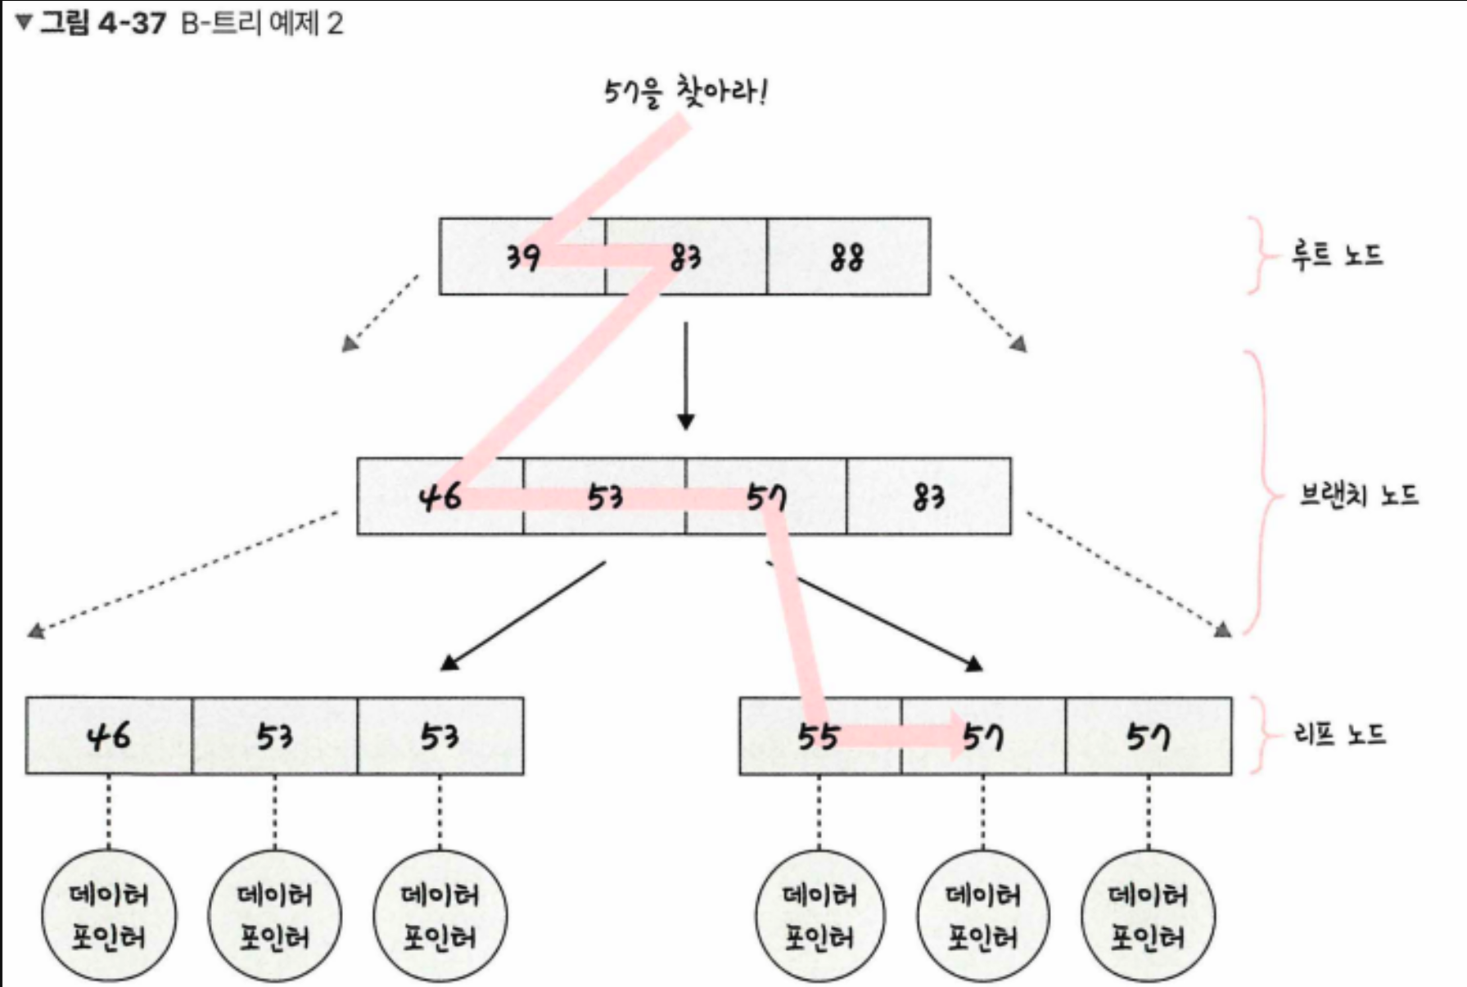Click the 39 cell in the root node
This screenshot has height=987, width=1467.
(521, 256)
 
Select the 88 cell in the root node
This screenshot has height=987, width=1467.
(848, 256)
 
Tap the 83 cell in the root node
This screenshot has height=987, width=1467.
(686, 256)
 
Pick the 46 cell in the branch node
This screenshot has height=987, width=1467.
(440, 497)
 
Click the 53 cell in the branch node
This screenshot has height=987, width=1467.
(604, 497)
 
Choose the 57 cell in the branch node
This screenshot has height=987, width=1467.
(766, 497)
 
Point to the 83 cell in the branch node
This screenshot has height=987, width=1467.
(928, 497)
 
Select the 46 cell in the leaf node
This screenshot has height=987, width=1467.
(109, 737)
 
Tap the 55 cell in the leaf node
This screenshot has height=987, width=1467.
(819, 737)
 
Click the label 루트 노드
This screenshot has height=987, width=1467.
(1338, 255)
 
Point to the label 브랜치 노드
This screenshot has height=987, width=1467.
(1359, 495)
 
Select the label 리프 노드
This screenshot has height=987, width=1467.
(1340, 733)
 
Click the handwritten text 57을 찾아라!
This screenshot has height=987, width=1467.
(686, 92)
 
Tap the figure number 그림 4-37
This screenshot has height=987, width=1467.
(103, 23)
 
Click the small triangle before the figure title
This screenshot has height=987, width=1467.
(25, 23)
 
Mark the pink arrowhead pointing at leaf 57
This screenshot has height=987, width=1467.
(957, 735)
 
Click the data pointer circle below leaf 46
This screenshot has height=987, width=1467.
(108, 915)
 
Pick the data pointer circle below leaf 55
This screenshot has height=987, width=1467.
(819, 915)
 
